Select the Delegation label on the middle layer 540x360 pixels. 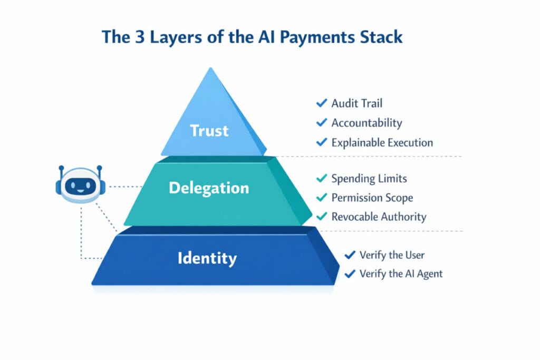coord(209,188)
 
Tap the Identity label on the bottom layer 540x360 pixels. coord(207,258)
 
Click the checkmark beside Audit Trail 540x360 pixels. coord(321,103)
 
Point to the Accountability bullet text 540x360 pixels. coord(367,123)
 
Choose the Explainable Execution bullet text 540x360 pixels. coord(382,142)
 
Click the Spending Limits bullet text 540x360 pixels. coord(369,178)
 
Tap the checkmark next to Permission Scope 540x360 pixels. coord(321,198)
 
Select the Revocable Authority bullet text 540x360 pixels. coord(379,217)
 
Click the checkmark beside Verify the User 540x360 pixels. coord(349,255)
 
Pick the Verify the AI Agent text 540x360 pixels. coord(401,274)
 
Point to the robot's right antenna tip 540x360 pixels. coord(99,168)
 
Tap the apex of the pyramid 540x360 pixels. coord(211,69)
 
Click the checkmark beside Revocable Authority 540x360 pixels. coord(321,217)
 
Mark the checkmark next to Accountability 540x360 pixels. coord(321,123)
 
